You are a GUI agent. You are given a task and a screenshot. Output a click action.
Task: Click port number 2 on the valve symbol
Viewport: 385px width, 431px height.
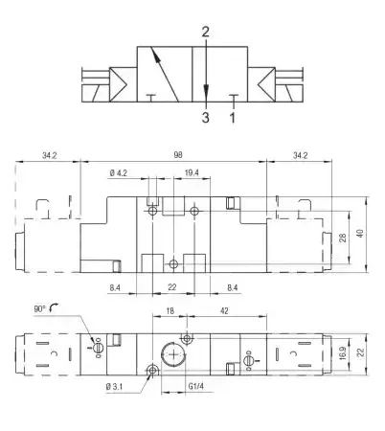pyautogui.click(x=206, y=32)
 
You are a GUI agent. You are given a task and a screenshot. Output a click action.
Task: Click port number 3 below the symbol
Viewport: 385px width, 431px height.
pyautogui.click(x=206, y=118)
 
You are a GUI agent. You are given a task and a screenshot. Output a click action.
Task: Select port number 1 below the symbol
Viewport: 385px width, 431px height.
pyautogui.click(x=233, y=118)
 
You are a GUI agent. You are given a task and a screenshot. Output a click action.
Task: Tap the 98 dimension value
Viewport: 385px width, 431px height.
pyautogui.click(x=178, y=155)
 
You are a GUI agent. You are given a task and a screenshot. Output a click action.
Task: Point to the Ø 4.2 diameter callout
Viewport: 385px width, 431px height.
pyautogui.click(x=119, y=173)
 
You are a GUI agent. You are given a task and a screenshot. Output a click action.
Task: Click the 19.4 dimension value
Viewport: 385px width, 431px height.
pyautogui.click(x=192, y=173)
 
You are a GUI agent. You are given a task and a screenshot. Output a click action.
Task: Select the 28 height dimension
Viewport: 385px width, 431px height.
pyautogui.click(x=343, y=238)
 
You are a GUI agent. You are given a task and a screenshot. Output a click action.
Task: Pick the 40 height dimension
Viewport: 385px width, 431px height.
pyautogui.click(x=360, y=234)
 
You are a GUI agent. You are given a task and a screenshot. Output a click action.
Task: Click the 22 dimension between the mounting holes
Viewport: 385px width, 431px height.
pyautogui.click(x=172, y=287)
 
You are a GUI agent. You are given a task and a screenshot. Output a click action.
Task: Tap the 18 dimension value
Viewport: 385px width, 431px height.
pyautogui.click(x=170, y=310)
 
